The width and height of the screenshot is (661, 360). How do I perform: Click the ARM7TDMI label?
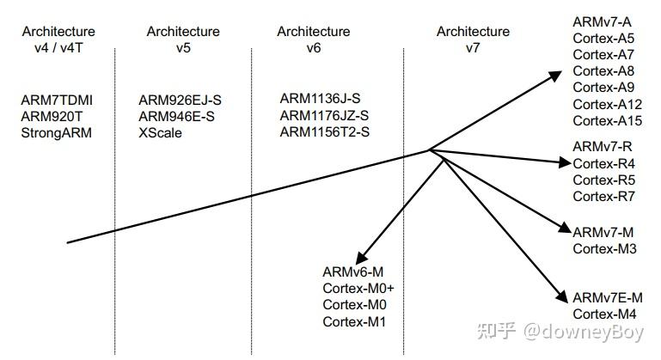click(x=57, y=100)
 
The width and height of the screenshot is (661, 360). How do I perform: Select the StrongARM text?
click(x=56, y=132)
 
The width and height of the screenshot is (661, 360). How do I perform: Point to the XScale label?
click(x=160, y=132)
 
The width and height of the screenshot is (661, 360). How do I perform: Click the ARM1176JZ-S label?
click(x=324, y=115)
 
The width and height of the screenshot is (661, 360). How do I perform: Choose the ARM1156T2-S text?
click(x=324, y=131)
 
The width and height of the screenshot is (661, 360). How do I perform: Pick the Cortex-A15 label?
click(x=607, y=120)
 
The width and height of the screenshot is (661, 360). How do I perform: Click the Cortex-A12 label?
click(x=607, y=104)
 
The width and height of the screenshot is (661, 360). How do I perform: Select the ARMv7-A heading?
click(x=602, y=21)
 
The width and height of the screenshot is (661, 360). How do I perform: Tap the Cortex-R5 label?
click(x=603, y=180)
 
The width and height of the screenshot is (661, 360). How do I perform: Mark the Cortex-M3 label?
click(x=603, y=249)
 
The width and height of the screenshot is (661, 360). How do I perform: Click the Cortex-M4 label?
click(x=603, y=314)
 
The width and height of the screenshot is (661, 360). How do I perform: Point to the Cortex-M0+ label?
click(x=358, y=288)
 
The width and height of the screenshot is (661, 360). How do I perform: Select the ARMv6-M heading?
click(x=352, y=272)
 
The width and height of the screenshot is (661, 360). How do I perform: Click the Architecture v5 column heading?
click(x=182, y=40)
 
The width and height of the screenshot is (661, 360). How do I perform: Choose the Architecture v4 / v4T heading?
click(x=57, y=40)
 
